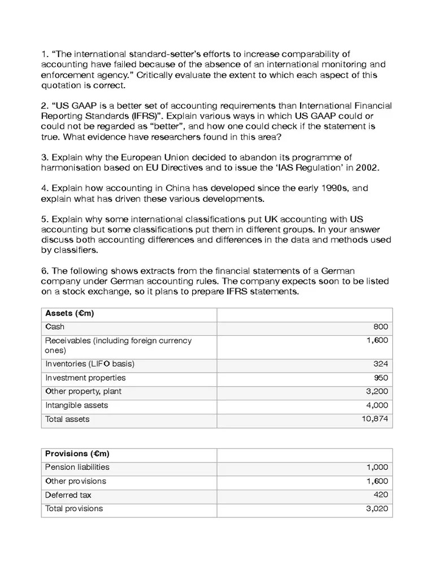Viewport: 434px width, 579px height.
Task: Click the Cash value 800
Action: coord(380,327)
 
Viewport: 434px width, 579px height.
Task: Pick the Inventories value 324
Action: coord(380,364)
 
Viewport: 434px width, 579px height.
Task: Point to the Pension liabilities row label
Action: coord(77,467)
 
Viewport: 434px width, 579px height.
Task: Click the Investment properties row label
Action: coord(85,378)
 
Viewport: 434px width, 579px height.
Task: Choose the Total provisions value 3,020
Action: coord(377,508)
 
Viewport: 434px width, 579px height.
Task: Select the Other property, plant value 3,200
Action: coord(377,391)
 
